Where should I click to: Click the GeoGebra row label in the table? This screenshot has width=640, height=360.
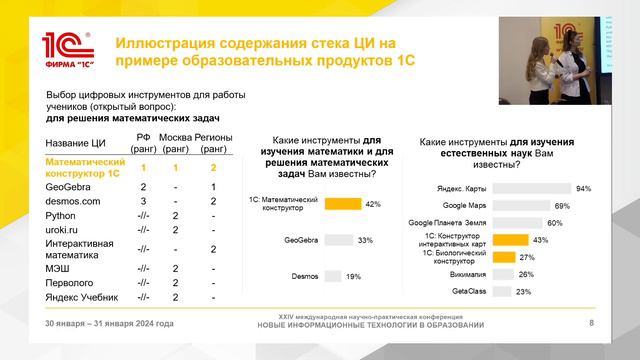[67, 187]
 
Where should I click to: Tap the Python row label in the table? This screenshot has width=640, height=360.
[62, 215]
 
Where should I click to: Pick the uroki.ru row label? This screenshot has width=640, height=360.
[64, 228]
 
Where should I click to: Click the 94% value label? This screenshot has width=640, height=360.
[584, 188]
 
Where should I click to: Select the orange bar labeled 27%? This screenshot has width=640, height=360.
[503, 256]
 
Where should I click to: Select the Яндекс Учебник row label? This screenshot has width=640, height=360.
[83, 297]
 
